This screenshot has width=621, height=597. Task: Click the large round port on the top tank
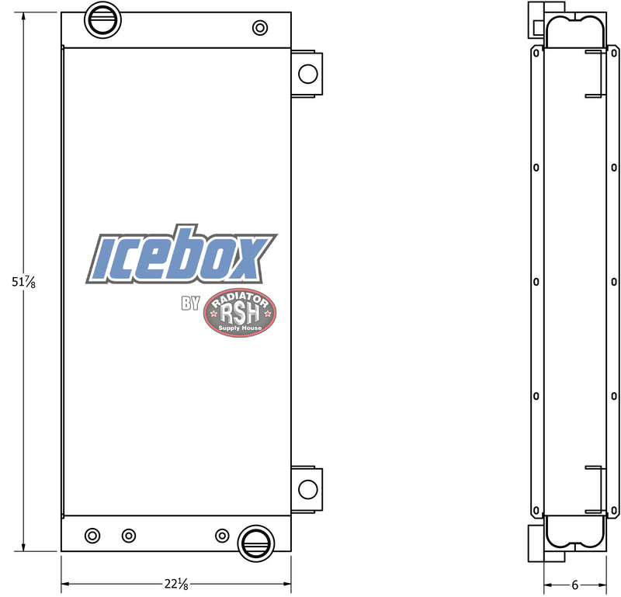point(101,19)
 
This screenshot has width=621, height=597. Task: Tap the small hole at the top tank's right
point(259,28)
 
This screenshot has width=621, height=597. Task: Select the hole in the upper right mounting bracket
point(308,74)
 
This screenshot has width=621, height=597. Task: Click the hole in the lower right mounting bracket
point(308,489)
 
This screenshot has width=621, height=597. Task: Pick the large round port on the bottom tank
point(255,542)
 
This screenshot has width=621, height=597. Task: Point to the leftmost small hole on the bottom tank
point(93,535)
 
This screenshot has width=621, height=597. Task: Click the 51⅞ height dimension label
point(24,283)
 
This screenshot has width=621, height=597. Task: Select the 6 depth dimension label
point(575,584)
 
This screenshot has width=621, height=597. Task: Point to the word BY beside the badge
point(190,304)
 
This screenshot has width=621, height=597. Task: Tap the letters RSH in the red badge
point(239,313)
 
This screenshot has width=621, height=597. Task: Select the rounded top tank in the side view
point(575,31)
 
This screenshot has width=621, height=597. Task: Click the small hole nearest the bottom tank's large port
point(222,535)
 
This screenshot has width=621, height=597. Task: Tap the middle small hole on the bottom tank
point(129,535)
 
